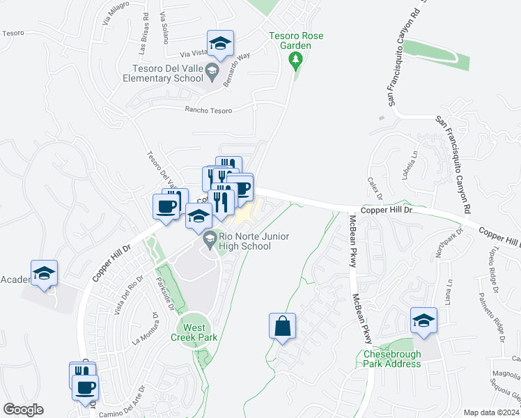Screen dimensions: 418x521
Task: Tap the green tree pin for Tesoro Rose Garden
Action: click(x=297, y=61)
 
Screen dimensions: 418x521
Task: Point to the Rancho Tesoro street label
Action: click(x=208, y=109)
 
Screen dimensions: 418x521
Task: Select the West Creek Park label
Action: click(x=199, y=332)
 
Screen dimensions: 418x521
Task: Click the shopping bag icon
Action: click(x=282, y=327)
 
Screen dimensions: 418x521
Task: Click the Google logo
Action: click(x=23, y=410)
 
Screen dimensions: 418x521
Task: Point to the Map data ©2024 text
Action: click(x=492, y=412)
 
